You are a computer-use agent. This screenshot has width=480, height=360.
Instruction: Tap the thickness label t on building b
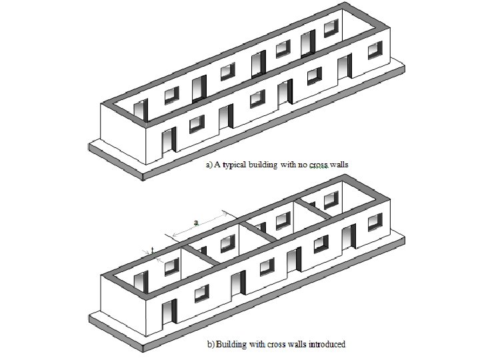[153, 249]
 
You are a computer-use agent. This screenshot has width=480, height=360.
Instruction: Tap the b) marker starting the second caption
[210, 344]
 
